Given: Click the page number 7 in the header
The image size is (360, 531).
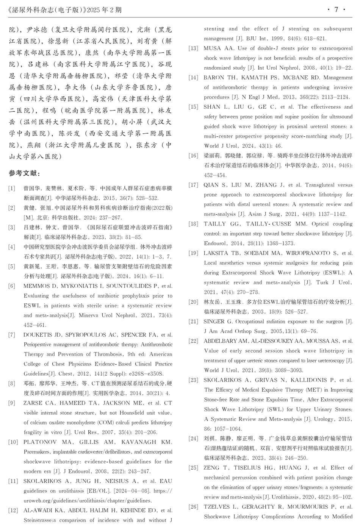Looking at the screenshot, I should tap(336, 10).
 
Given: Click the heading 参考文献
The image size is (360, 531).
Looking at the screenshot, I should tap(24, 173).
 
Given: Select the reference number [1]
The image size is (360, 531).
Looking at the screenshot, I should tap(12, 188).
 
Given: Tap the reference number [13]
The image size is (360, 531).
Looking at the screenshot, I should tap(193, 48).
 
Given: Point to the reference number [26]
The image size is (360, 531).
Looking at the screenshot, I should tap(193, 507).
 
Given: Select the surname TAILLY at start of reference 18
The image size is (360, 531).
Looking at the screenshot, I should tap(215, 224).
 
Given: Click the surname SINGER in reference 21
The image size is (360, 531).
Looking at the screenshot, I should tap(214, 322).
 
